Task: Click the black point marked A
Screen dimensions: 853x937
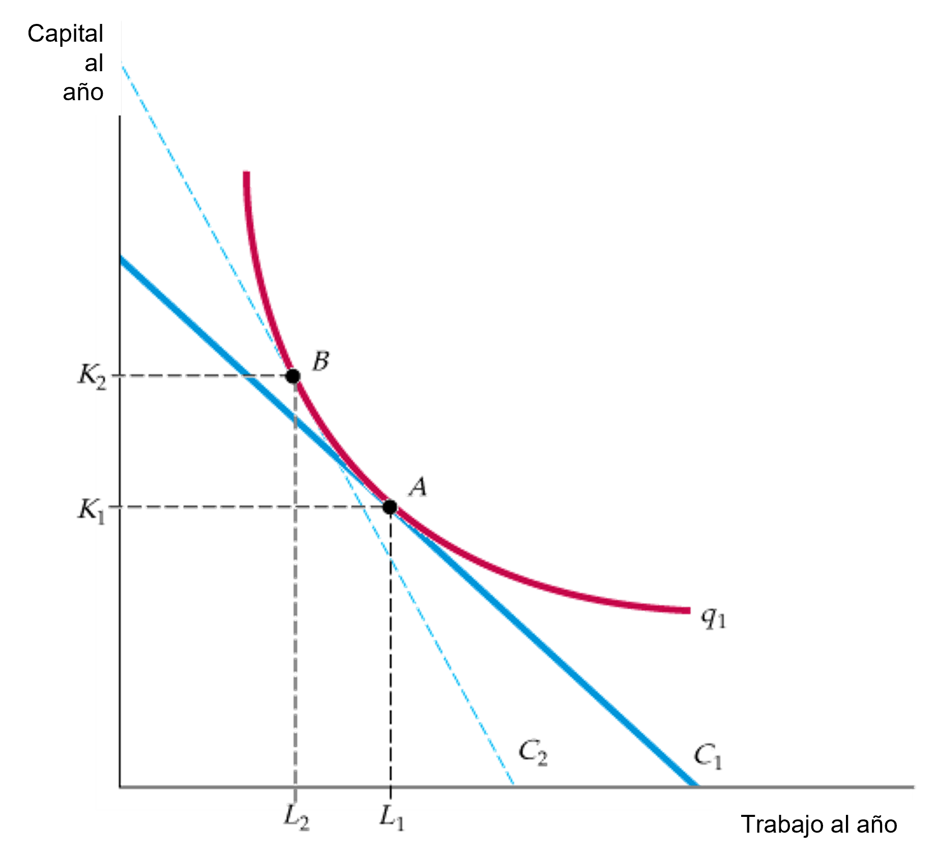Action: click(x=390, y=507)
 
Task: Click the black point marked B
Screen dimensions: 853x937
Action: click(x=293, y=376)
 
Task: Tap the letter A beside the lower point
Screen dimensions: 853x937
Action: click(x=417, y=487)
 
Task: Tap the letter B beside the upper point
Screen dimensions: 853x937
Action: click(x=320, y=361)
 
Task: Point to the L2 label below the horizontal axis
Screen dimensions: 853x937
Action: click(x=297, y=818)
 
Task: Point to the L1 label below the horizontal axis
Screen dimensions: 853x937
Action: click(x=392, y=818)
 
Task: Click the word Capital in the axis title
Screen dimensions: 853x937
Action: click(x=65, y=34)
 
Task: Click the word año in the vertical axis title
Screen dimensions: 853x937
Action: click(x=83, y=92)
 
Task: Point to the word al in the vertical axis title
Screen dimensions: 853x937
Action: click(x=94, y=63)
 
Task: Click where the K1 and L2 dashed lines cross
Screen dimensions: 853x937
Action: click(x=296, y=507)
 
